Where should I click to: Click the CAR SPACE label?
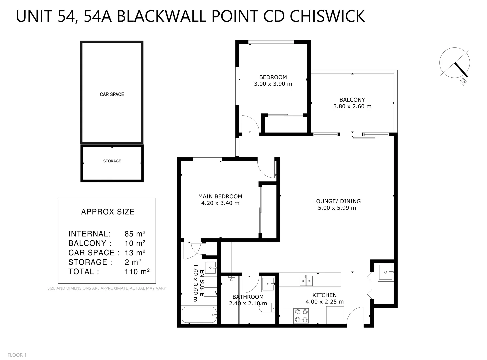point(112,94)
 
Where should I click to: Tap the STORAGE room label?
point(112,161)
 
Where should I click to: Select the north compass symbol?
point(455,63)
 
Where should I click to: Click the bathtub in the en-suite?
point(199,315)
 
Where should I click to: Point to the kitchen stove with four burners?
point(301,316)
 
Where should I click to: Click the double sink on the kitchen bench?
point(306,281)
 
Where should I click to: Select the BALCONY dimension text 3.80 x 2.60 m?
point(352,106)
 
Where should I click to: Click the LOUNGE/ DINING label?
point(337,201)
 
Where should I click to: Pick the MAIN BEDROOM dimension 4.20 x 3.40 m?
point(220,203)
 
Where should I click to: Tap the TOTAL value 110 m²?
point(137,272)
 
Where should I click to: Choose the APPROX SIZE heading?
point(108,212)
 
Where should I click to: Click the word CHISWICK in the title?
point(327,16)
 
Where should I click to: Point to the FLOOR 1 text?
point(17,355)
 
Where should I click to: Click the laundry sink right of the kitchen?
point(386,273)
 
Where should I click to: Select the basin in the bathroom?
point(268,284)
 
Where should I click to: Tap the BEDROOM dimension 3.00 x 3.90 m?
point(273,84)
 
